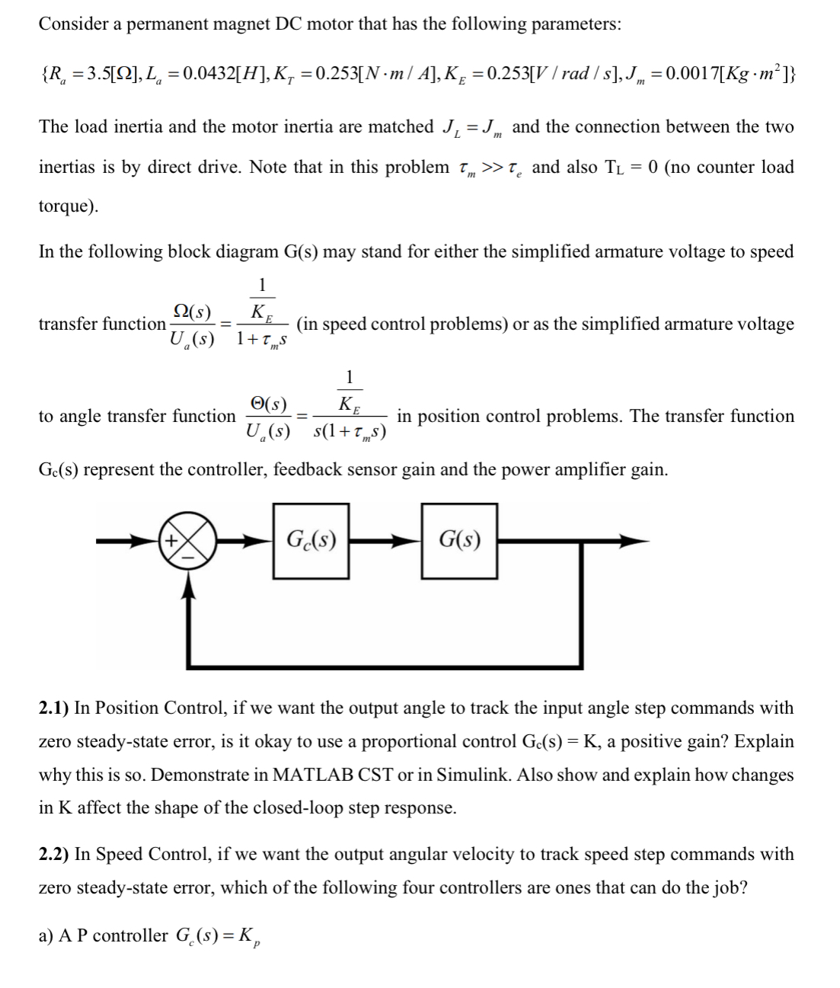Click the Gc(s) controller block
coord(311,542)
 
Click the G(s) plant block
coord(460,542)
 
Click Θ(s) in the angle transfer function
coord(268,404)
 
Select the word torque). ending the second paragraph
coord(68,206)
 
